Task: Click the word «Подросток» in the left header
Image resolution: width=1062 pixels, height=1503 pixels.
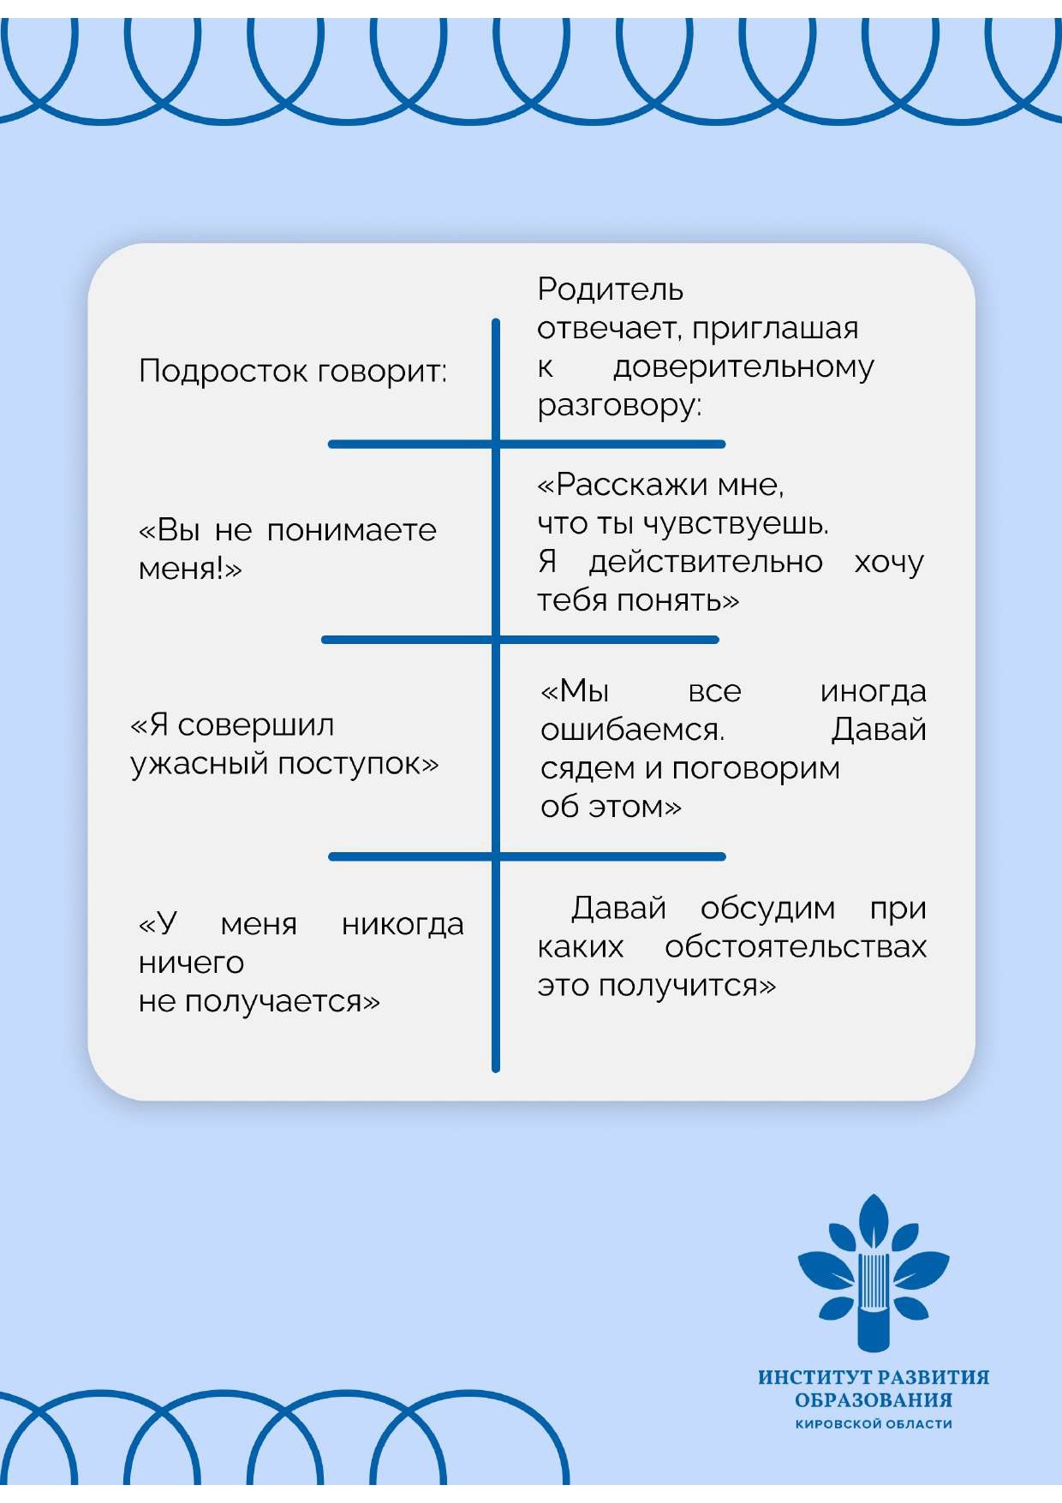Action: [223, 372]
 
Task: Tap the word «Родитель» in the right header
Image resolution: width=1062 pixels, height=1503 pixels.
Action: [611, 289]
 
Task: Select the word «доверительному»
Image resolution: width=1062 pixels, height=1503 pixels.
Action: [743, 367]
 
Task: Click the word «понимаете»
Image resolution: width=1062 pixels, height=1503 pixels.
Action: [352, 530]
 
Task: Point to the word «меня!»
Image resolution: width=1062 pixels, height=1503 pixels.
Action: [190, 568]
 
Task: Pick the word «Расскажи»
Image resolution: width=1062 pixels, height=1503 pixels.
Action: [629, 485]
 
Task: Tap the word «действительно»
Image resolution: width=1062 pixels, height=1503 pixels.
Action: [706, 562]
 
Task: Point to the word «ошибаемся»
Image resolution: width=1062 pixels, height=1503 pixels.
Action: [633, 730]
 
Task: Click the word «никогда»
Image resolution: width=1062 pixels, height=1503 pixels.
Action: [403, 924]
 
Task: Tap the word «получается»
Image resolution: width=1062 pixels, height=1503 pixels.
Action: [283, 1002]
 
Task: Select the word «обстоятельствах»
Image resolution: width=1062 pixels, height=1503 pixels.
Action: [796, 947]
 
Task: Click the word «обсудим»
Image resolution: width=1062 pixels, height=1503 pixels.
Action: [767, 908]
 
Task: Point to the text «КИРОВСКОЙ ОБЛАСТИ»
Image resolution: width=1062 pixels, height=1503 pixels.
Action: [874, 1424]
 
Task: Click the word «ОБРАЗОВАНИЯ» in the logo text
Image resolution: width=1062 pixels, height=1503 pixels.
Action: [874, 1400]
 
